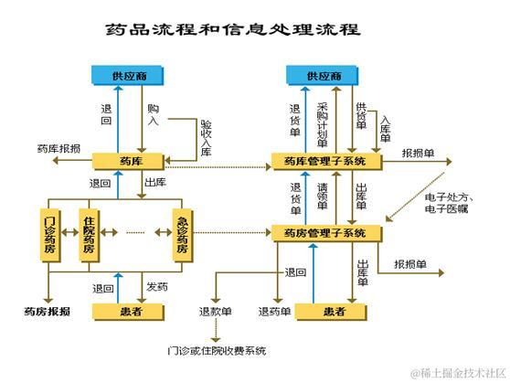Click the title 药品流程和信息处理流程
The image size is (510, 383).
232,29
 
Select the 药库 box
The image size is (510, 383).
130,161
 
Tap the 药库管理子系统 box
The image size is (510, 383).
324,162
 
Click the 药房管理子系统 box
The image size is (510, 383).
324,234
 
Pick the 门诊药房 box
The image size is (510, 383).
52,235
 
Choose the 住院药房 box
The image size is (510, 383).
90,235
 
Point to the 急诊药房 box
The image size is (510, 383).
181,235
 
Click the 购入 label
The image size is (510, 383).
153,115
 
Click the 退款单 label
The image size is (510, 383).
215,312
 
